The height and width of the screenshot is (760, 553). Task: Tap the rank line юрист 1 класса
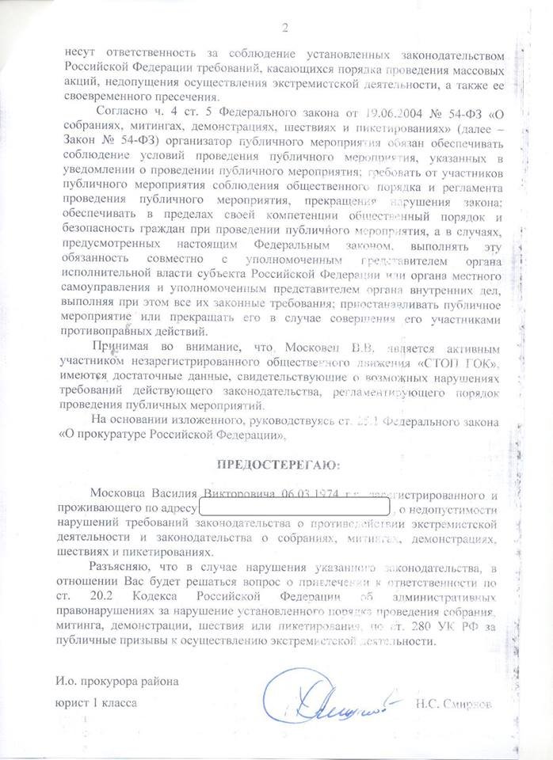(x=96, y=702)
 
